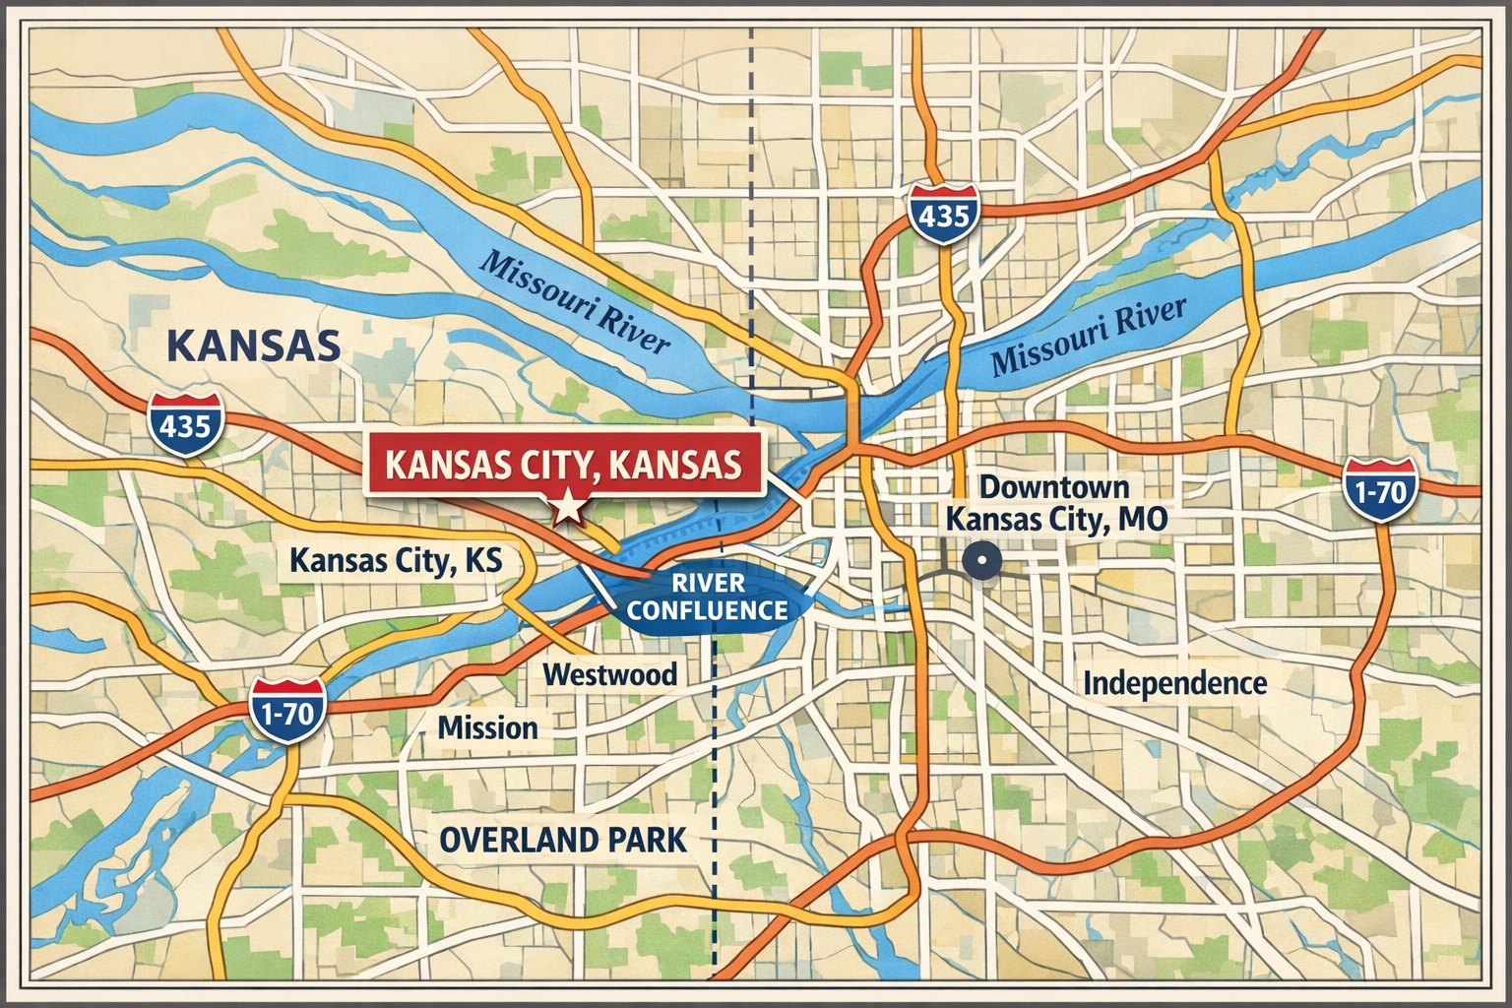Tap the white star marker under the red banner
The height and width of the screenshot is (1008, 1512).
(568, 509)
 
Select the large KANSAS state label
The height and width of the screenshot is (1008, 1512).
(254, 346)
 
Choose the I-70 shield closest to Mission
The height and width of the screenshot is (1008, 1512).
(286, 711)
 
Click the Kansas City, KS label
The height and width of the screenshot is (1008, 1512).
(396, 561)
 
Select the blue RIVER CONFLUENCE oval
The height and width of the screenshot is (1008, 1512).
(707, 597)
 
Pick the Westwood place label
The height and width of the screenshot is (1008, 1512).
(610, 674)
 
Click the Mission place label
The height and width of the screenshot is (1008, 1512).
(487, 728)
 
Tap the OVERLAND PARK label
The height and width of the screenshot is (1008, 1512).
(562, 841)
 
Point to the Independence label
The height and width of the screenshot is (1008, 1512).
(1174, 683)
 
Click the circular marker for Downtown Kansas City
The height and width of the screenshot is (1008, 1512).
(981, 562)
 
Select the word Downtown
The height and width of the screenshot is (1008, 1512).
(1054, 487)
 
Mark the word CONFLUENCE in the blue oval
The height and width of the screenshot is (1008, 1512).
(707, 610)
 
